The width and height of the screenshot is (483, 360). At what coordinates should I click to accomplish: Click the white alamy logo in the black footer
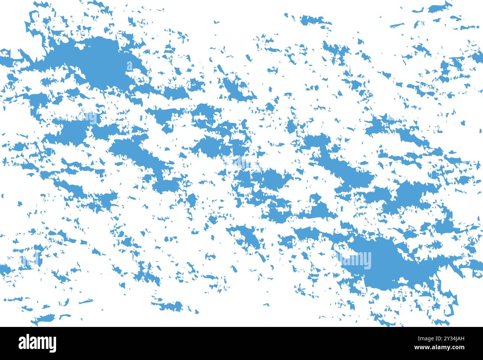click(x=38, y=343)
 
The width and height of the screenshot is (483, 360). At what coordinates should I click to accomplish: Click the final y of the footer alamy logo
click(x=53, y=345)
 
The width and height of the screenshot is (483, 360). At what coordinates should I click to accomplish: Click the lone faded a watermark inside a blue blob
click(x=129, y=67)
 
